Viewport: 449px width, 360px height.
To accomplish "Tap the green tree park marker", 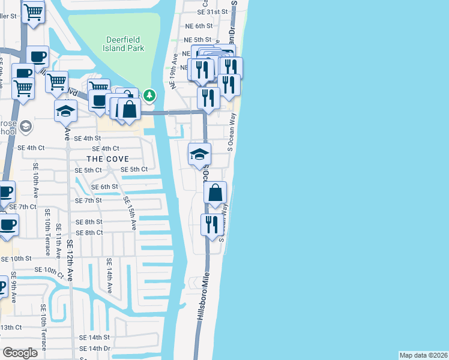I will [149, 95].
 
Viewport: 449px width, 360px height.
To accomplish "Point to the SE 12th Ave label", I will [70, 261].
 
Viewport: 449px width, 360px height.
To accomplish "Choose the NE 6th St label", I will [200, 26].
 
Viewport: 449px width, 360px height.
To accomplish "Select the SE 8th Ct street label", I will [89, 233].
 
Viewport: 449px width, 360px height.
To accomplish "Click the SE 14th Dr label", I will [95, 349].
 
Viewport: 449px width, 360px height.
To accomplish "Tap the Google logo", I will [20, 352].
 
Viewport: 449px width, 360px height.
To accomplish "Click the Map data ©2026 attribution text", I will [424, 355].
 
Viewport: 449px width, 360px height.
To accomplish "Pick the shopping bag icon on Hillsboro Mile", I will [215, 193].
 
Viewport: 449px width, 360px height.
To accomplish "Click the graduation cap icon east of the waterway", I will [199, 155].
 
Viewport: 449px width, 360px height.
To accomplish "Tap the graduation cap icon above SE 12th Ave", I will [66, 110].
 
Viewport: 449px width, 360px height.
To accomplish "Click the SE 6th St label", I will [104, 187].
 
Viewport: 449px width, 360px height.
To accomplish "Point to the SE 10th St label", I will [16, 259].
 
